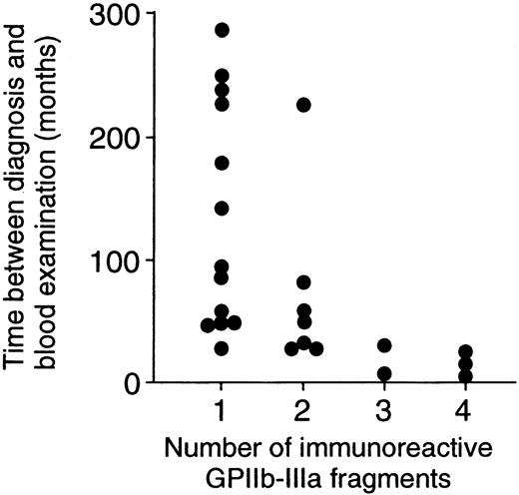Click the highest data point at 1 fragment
pyautogui.click(x=222, y=30)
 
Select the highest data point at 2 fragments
pyautogui.click(x=303, y=105)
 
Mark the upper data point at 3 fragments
pyautogui.click(x=384, y=345)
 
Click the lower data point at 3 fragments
pyautogui.click(x=384, y=374)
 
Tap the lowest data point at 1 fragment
pyautogui.click(x=222, y=348)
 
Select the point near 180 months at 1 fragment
pyautogui.click(x=222, y=163)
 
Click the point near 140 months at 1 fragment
pyautogui.click(x=222, y=208)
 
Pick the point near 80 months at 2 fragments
pyautogui.click(x=303, y=282)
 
